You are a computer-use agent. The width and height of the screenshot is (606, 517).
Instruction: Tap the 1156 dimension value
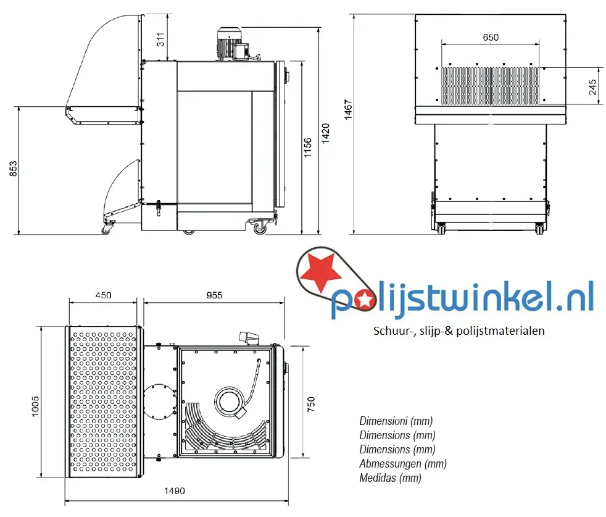[307, 148]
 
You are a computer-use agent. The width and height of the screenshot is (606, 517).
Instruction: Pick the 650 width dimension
[491, 38]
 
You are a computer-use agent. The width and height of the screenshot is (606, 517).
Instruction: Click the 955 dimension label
[214, 295]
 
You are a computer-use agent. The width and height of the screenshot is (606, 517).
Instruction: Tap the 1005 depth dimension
[35, 406]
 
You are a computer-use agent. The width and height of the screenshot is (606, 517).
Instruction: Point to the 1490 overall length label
[174, 491]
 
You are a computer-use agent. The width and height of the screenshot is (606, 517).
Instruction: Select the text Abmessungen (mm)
[402, 464]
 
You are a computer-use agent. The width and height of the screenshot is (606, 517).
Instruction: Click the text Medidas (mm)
[390, 478]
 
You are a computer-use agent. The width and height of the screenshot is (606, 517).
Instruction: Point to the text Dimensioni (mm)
[396, 421]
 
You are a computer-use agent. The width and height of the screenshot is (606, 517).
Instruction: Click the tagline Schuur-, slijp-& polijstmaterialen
[459, 330]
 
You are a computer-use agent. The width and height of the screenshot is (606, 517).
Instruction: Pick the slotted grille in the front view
[491, 85]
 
